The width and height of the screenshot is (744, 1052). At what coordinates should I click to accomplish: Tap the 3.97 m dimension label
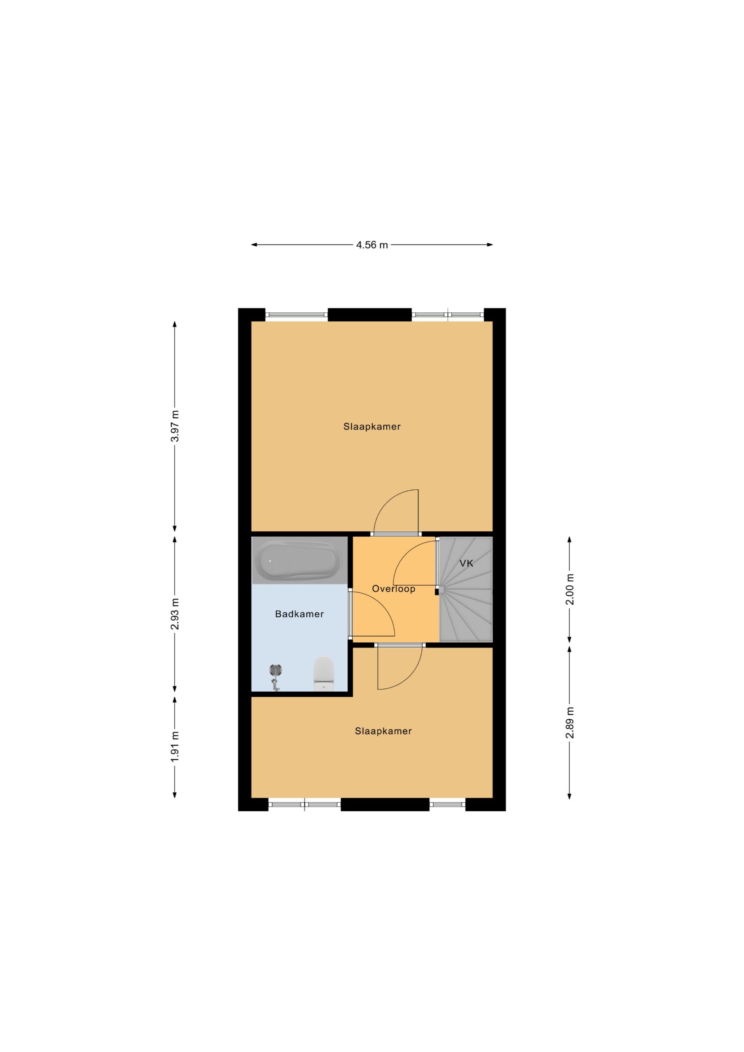coord(175,426)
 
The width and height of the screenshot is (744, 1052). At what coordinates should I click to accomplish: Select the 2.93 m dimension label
coord(175,614)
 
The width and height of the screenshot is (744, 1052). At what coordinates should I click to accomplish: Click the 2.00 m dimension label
coord(570,589)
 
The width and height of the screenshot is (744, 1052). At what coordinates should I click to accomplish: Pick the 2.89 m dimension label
coord(570,722)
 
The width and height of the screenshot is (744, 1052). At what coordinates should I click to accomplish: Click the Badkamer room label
coord(299,614)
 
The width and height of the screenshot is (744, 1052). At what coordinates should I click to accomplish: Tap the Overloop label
coord(393,589)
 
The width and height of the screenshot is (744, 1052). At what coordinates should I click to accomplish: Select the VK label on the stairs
coord(466,563)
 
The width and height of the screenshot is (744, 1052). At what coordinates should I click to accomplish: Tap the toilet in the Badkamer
coord(323,673)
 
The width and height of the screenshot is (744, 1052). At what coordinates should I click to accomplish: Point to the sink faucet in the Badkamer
coord(275,678)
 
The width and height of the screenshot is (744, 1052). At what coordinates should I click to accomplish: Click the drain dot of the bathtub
coord(270,561)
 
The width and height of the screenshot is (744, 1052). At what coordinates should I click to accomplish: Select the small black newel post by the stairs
coord(437,591)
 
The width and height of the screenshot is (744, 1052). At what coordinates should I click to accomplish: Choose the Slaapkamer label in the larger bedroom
coord(372,427)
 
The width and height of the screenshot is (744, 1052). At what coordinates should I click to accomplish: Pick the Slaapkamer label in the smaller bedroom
coord(383,731)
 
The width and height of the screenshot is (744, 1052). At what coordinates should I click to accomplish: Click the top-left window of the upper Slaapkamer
coord(297,315)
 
